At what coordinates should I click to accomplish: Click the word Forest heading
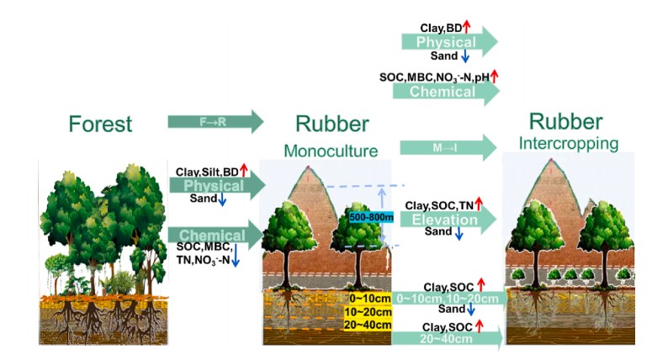tap(100, 124)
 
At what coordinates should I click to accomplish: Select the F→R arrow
tap(215, 123)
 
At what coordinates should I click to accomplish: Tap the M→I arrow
tap(447, 146)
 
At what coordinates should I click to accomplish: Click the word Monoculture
tap(331, 151)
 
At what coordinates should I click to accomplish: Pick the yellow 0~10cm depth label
tap(368, 299)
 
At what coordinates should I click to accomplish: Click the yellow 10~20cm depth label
tap(368, 312)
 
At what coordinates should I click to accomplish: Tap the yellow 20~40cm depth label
tap(368, 326)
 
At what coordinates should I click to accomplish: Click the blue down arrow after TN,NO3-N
tap(236, 261)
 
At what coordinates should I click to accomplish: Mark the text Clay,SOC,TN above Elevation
tap(439, 204)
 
